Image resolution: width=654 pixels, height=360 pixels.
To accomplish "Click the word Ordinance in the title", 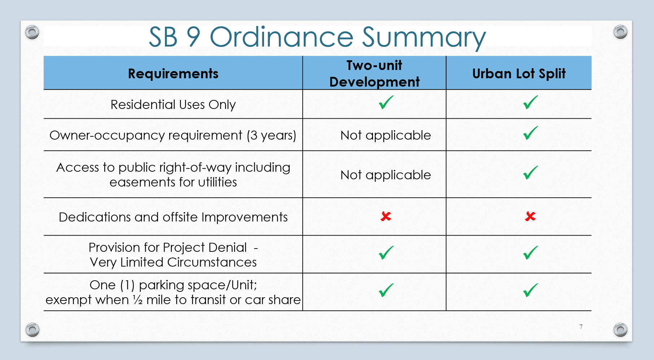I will (281, 37).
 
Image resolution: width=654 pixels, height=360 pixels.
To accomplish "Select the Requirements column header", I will (173, 74).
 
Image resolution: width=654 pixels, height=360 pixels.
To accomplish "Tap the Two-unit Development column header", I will (374, 74).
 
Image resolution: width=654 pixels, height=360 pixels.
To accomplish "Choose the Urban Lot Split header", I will (519, 74).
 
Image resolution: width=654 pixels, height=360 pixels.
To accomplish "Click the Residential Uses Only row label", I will (173, 105).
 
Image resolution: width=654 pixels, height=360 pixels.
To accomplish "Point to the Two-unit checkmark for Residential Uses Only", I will (386, 103).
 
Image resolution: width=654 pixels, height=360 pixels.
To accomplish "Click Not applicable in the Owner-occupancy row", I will (386, 135).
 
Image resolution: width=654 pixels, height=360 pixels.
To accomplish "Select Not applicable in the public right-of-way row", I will (386, 175).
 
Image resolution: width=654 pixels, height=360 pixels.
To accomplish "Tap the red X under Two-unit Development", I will (386, 216).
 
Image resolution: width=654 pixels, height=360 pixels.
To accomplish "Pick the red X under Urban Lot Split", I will (530, 216).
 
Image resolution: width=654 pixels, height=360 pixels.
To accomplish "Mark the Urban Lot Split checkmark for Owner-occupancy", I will (530, 133).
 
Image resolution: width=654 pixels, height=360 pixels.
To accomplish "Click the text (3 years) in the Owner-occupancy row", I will (271, 135).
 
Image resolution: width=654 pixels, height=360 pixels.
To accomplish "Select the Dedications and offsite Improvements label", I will (173, 217).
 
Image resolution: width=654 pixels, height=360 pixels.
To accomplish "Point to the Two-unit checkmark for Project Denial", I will (386, 253).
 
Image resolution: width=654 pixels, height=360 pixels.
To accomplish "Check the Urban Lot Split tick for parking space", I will (530, 290).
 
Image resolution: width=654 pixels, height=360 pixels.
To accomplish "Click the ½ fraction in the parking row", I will (138, 300).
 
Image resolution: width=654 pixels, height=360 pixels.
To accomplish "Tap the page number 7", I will (581, 327).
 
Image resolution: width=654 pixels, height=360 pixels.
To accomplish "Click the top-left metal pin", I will (32, 32).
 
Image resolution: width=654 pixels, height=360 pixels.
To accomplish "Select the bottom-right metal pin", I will (620, 329).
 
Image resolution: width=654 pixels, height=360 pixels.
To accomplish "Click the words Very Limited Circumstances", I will (173, 262).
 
